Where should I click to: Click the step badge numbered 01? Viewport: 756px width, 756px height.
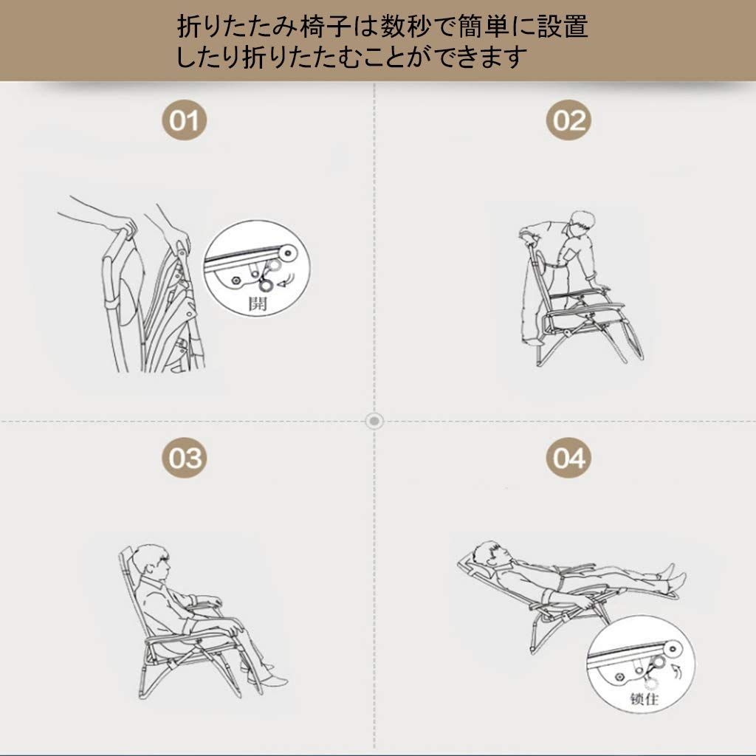pos(185,119)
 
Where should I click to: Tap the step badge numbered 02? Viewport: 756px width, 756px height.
pos(568,119)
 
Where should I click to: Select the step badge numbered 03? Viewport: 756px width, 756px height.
pos(185,457)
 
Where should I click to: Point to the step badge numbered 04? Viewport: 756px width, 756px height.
pos(568,457)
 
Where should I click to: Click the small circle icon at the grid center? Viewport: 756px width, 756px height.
pos(375,421)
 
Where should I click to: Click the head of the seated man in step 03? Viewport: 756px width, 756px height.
pos(157,563)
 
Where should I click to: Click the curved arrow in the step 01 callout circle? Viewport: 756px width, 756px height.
pos(285,280)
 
